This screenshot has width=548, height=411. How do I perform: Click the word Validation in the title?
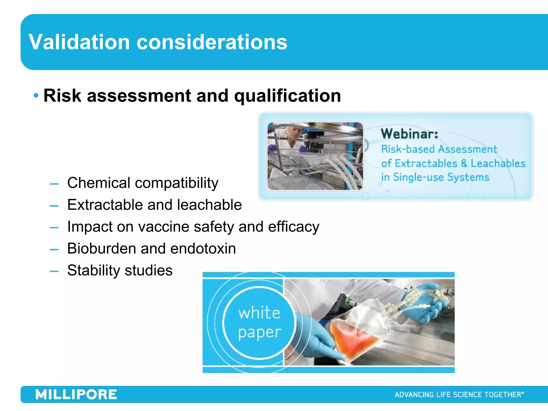[79, 42]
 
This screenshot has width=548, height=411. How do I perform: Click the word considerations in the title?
[212, 42]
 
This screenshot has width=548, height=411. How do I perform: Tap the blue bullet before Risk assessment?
[36, 96]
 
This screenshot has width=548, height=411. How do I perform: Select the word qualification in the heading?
[287, 96]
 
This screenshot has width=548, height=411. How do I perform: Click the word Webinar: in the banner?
[409, 134]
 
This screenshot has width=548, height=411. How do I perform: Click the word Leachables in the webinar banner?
[498, 163]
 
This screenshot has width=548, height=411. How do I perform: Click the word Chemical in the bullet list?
[98, 183]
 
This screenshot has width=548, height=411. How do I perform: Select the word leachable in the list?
[210, 205]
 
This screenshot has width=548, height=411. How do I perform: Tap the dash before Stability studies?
[54, 271]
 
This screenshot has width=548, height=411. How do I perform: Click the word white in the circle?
[259, 313]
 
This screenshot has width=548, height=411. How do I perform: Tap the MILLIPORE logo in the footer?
[76, 395]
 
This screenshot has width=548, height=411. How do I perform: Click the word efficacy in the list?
[294, 227]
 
